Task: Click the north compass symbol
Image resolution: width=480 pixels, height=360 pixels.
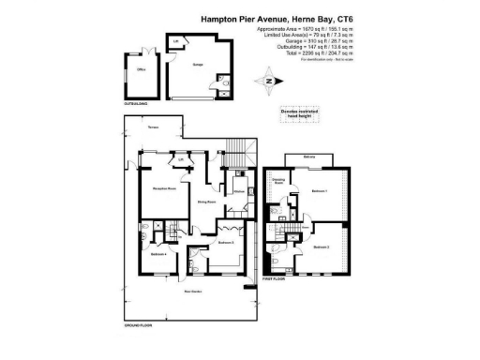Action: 270,81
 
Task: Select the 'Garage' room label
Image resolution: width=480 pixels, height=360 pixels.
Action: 198,65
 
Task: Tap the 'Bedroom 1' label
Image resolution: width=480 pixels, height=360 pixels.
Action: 320,190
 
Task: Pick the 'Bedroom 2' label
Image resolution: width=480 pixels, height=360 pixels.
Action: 322,247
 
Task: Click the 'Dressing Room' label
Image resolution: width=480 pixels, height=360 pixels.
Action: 278,182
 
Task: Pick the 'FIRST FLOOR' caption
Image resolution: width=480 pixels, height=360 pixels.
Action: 273,278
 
